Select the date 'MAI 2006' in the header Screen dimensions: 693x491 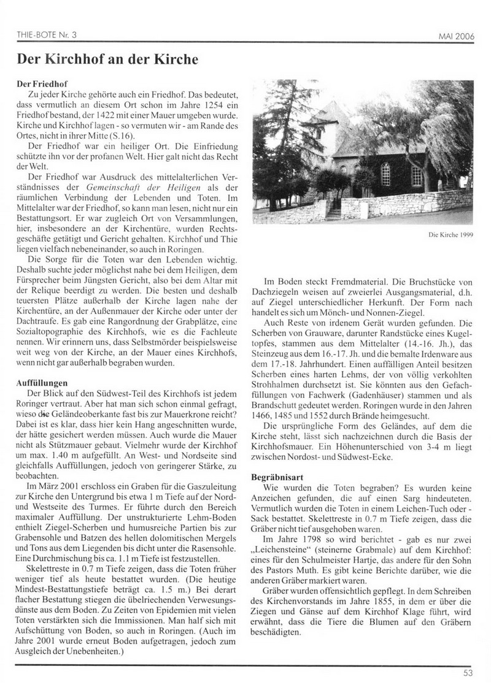click(x=455, y=36)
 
